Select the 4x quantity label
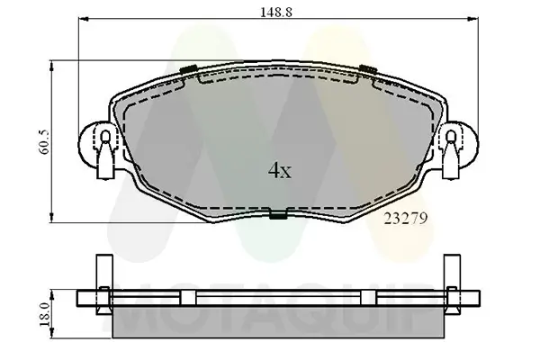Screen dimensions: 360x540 279,169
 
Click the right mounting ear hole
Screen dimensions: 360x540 452,138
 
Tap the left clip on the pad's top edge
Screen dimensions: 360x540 189,70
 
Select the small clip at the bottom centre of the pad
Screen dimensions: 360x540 278,214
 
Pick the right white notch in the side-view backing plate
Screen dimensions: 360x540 367,300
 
